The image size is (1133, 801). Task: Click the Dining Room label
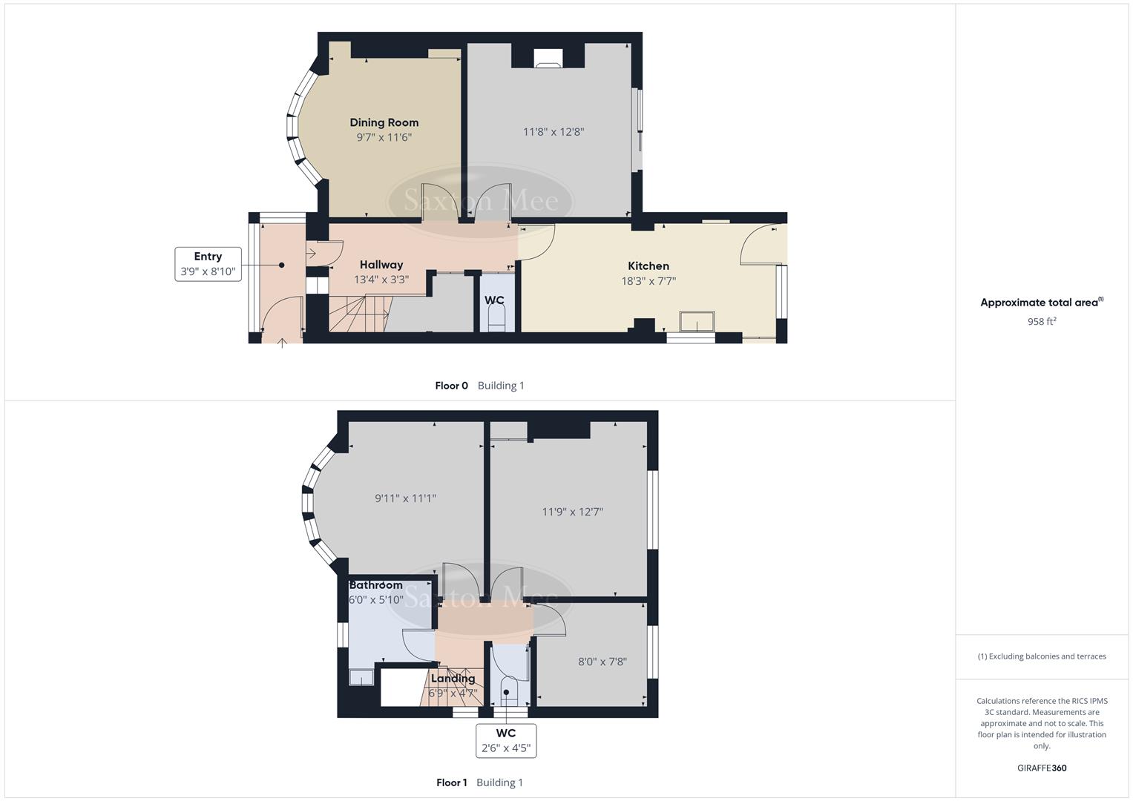point(384,122)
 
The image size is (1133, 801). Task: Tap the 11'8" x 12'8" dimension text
point(554,132)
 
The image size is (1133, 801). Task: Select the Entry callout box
point(208,264)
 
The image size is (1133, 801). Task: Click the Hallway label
point(381,265)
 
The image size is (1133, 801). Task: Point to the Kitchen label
point(648,266)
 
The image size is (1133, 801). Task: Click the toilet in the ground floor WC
point(496,320)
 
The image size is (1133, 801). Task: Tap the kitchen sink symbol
point(697,321)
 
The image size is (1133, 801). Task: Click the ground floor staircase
point(358,313)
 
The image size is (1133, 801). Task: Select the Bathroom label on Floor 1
point(376,585)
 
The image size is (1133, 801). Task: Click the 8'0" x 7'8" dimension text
point(602,662)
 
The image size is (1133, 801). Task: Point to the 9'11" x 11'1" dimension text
point(405,498)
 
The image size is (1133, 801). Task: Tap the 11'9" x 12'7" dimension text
point(572,512)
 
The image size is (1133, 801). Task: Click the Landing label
point(453,679)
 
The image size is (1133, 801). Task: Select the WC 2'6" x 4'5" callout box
point(505,740)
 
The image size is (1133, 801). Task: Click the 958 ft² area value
point(1041,321)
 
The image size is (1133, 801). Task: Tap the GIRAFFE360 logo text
point(1041,768)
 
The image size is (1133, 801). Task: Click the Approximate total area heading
point(1041,303)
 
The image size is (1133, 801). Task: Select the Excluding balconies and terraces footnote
point(1041,656)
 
